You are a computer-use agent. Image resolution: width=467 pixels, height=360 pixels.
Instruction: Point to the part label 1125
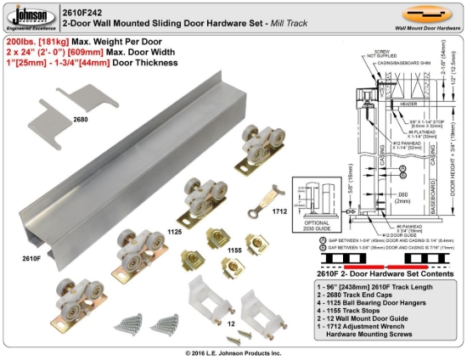click(x=173, y=230)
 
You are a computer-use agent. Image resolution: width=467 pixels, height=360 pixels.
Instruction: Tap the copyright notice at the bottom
click(x=233, y=352)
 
